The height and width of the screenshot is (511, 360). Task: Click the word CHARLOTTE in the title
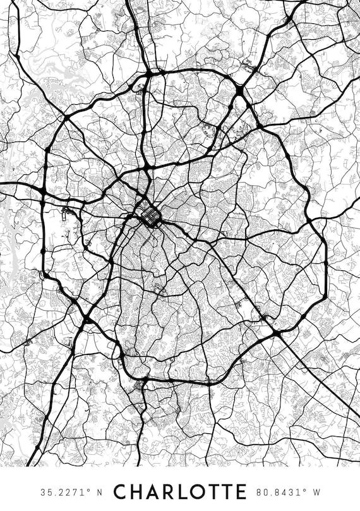[179, 491]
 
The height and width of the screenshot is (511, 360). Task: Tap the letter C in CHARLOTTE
[120, 491]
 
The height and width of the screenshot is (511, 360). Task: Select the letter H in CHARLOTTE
[136, 491]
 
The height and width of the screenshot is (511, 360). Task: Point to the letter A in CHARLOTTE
[152, 491]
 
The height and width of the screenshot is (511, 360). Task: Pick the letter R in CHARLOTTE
[167, 491]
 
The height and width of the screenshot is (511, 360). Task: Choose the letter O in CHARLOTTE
[196, 491]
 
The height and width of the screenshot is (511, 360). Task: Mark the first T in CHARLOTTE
[211, 491]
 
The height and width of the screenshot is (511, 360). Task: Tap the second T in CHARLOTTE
[225, 491]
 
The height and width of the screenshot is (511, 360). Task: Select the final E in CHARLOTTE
[240, 491]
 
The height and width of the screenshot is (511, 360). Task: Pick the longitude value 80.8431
[278, 491]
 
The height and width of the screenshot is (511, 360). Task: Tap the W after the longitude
[316, 491]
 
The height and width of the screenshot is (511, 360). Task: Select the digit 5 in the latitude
[49, 491]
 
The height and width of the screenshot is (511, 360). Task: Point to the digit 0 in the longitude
[265, 491]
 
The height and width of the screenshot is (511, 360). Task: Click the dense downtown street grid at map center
[150, 217]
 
